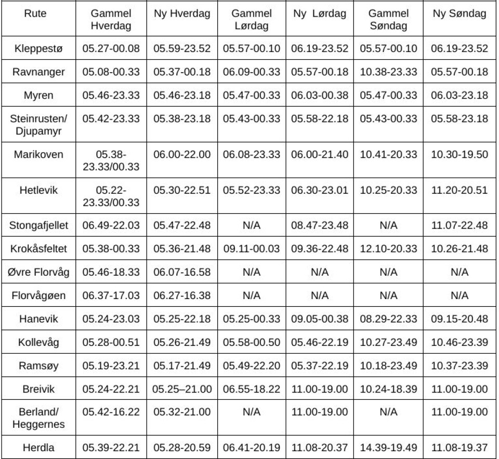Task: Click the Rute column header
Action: [x=35, y=14]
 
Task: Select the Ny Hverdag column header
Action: [x=182, y=14]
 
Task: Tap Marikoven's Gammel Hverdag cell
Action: [x=111, y=160]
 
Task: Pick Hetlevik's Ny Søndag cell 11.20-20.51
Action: [x=459, y=191]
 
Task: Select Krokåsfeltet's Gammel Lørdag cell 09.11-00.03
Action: [x=252, y=249]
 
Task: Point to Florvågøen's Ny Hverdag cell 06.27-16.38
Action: [x=182, y=295]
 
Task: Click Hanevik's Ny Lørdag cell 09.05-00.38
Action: [x=319, y=319]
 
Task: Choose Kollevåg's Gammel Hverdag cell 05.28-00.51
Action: [x=111, y=342]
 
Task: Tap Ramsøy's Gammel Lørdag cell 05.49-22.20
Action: [x=252, y=366]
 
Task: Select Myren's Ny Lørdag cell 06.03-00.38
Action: [x=319, y=95]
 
